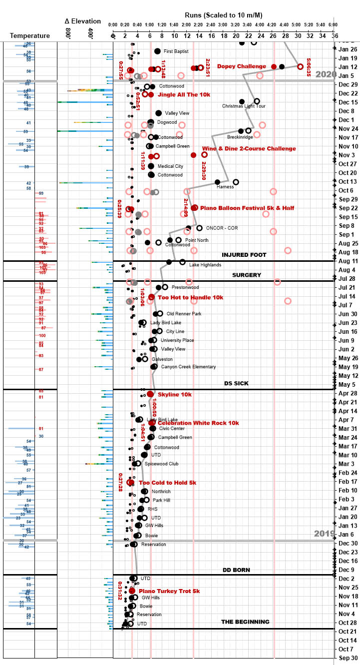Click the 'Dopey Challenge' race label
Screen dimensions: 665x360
[242, 66]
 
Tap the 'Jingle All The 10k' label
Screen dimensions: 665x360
[184, 94]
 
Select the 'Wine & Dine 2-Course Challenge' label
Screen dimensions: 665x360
[249, 148]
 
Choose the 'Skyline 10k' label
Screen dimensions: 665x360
[175, 394]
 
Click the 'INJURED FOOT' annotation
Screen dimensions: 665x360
[244, 255]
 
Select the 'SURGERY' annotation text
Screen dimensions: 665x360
[247, 275]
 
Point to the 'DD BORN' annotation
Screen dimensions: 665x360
[236, 570]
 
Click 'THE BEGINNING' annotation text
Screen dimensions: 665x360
[245, 622]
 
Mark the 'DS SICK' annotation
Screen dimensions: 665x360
[237, 383]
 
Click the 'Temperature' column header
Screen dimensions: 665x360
[30, 36]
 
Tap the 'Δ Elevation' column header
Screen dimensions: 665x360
[83, 21]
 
